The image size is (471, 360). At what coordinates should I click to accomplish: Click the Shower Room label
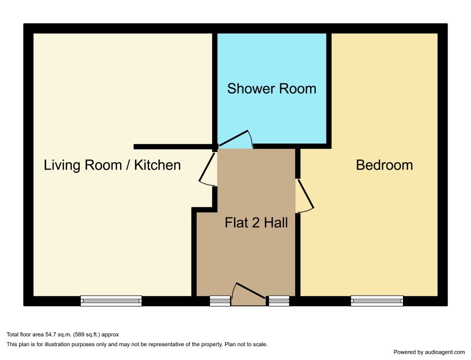point(272,89)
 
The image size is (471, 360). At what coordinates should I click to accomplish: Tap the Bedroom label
point(384,165)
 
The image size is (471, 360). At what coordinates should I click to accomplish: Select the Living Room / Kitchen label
point(112,165)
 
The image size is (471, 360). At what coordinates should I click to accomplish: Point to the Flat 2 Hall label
point(256,223)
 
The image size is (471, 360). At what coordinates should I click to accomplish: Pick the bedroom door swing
point(305,196)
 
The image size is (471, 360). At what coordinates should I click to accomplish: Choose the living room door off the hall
point(207,169)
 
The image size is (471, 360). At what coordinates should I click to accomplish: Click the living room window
point(111,300)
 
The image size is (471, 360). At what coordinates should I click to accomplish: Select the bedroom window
point(377,300)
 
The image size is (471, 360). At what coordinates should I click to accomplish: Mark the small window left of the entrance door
point(220,300)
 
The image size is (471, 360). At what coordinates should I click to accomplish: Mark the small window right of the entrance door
point(279,300)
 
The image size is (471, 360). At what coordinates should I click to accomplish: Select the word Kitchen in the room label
point(157,165)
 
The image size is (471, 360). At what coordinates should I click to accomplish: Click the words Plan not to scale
point(246,345)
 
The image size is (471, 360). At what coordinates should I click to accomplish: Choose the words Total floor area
point(25,334)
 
